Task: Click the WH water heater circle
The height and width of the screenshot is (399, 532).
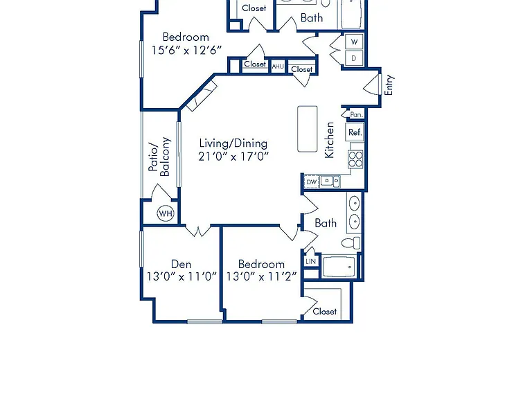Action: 166,213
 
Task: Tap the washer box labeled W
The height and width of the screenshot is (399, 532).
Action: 354,42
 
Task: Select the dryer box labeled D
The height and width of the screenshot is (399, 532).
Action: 354,58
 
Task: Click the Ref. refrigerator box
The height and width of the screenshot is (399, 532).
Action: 355,132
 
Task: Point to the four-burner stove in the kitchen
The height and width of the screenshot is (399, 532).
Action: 355,159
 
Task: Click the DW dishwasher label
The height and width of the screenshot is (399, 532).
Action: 312,182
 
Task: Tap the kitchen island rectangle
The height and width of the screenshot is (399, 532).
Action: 308,129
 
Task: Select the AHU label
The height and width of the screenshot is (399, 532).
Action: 278,66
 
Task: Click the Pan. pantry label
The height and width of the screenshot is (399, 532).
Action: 356,115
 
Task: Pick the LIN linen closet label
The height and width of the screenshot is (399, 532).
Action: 311,261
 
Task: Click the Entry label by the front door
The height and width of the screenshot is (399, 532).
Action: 389,85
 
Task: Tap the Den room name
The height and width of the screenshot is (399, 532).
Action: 181,264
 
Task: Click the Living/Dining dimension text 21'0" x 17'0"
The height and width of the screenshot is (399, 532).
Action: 233,157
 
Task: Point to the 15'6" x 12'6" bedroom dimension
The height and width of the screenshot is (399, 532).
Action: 186,50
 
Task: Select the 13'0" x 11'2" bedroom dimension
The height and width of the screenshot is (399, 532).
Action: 261,277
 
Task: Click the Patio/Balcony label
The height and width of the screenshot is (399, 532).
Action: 159,157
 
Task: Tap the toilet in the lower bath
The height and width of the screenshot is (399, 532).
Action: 351,243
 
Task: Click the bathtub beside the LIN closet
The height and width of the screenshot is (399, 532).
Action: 339,267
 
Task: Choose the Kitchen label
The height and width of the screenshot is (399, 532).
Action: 329,140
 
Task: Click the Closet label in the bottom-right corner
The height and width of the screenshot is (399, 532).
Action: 325,311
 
